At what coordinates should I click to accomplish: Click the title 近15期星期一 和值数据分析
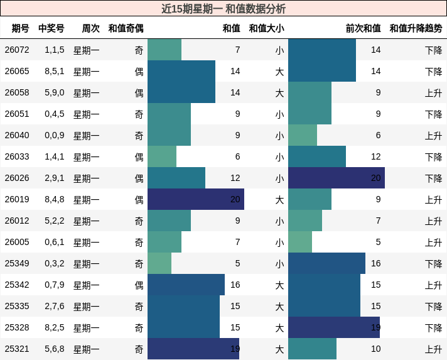(223, 9)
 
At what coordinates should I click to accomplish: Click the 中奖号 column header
(51, 28)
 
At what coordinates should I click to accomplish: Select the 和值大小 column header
(266, 28)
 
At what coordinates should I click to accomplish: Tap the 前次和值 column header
(363, 28)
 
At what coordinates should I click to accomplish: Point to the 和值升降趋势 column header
(416, 28)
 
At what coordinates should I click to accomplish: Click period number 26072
(17, 50)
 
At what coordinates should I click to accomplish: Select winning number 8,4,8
(55, 199)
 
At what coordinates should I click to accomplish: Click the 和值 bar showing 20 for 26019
(195, 199)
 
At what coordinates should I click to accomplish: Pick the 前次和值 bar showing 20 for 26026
(336, 178)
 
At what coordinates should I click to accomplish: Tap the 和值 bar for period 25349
(159, 263)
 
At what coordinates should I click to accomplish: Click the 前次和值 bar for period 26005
(300, 242)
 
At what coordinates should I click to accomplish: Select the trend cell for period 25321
(433, 349)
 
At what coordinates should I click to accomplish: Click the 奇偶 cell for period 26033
(139, 156)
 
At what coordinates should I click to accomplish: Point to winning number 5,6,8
(55, 349)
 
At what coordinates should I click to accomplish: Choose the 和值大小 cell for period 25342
(279, 285)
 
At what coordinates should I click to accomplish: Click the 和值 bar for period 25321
(193, 349)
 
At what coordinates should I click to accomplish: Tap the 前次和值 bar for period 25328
(334, 327)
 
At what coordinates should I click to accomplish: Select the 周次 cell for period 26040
(87, 135)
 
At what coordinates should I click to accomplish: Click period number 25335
(17, 306)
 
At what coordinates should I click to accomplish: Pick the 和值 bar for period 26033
(162, 156)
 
